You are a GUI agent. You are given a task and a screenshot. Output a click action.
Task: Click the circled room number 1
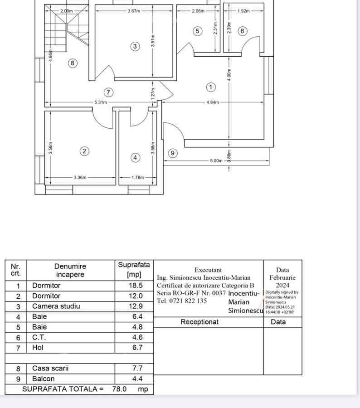tap(210, 87)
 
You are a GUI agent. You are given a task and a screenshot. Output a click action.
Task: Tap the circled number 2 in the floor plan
tap(84, 151)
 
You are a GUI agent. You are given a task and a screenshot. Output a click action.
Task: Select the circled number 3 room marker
tap(135, 46)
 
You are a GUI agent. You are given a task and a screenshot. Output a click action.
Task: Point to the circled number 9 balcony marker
tap(172, 153)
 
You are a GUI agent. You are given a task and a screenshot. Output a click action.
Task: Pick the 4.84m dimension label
tap(213, 102)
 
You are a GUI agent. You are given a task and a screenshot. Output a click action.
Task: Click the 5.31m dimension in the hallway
tap(101, 102)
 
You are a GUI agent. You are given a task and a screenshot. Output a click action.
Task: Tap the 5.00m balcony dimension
tap(216, 160)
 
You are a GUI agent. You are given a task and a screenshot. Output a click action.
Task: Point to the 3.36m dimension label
tap(80, 178)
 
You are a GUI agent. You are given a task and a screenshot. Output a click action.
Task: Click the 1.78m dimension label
tap(137, 178)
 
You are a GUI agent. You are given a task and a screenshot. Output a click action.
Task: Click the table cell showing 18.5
tap(135, 286)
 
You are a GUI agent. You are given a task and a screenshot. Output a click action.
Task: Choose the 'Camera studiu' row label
tap(56, 306)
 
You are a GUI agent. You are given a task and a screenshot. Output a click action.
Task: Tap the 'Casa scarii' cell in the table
tap(50, 369)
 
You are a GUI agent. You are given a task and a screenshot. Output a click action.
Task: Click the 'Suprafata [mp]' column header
tap(134, 270)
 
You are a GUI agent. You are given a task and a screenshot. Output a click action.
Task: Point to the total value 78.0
tap(119, 389)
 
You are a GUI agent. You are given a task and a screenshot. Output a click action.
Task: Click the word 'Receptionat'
tap(199, 322)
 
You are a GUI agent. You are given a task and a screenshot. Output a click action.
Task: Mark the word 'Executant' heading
tap(208, 270)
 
